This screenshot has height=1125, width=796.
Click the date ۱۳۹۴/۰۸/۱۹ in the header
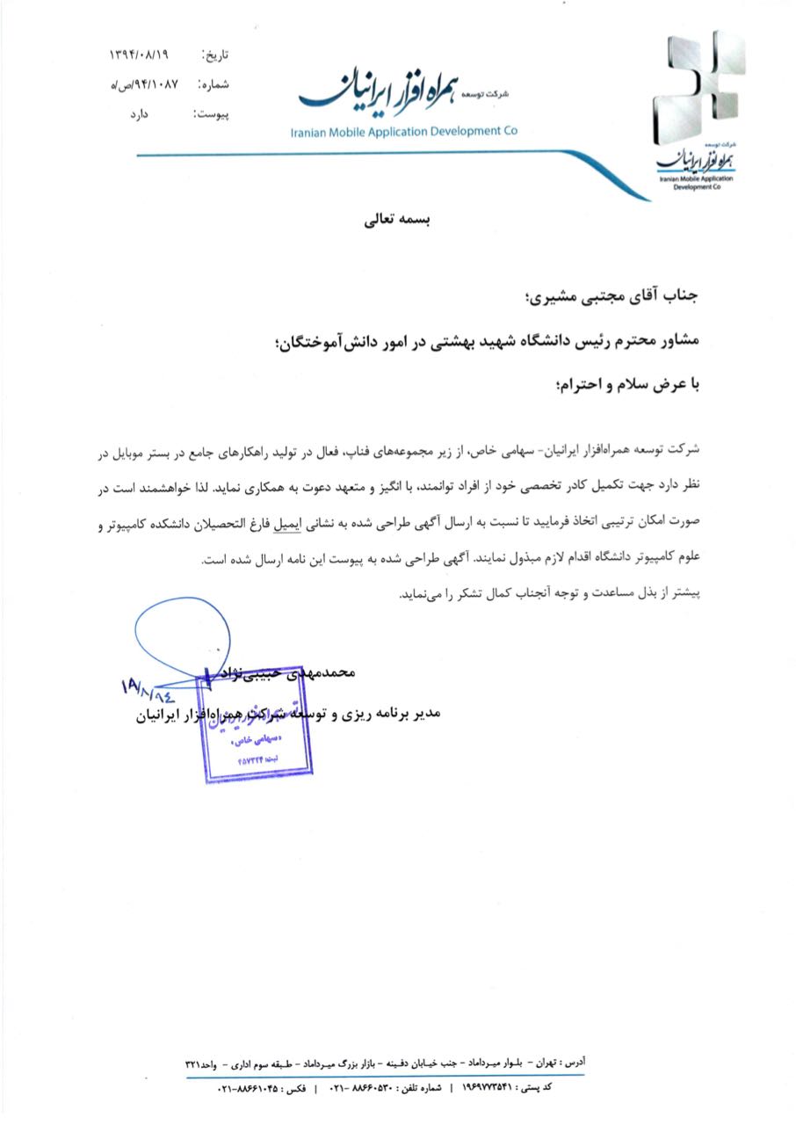click(138, 55)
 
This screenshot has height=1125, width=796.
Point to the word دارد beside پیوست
click(158, 115)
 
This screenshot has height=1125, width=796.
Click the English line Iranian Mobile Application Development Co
click(404, 132)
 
